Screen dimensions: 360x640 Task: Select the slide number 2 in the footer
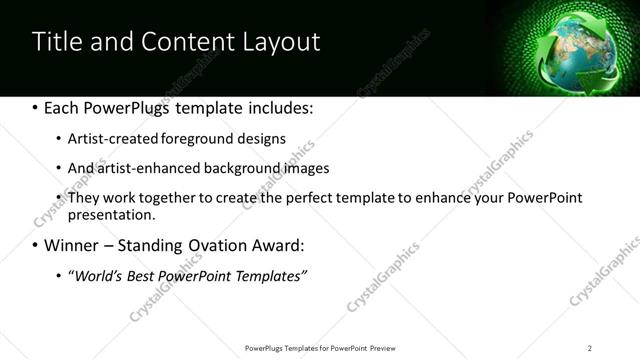590,347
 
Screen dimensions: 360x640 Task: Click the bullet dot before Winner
35,246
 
